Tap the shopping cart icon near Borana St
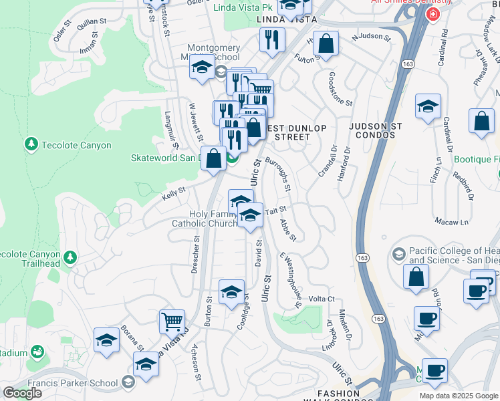pos(172,321)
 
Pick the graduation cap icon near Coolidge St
pos(231,292)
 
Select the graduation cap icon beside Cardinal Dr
pos(428,106)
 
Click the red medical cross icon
pos(434,14)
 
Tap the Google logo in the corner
pos(23,393)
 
